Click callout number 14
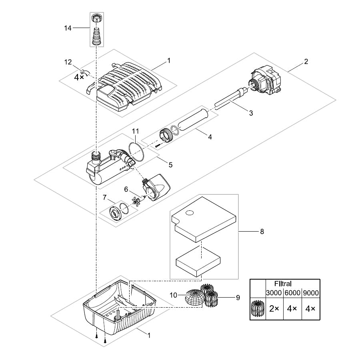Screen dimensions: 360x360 tap(68, 28)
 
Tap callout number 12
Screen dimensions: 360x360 tap(68, 62)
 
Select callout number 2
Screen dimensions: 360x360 tap(306, 62)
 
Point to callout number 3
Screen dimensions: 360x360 tap(251, 113)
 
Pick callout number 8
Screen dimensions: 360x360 tap(262, 231)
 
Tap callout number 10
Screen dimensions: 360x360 tap(174, 296)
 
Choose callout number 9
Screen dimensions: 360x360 tap(238, 297)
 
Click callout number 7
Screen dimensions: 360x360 tap(104, 197)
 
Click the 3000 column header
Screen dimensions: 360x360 tap(274, 293)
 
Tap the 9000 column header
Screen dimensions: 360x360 tap(310, 293)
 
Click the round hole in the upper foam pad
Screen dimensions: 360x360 tap(190, 213)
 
